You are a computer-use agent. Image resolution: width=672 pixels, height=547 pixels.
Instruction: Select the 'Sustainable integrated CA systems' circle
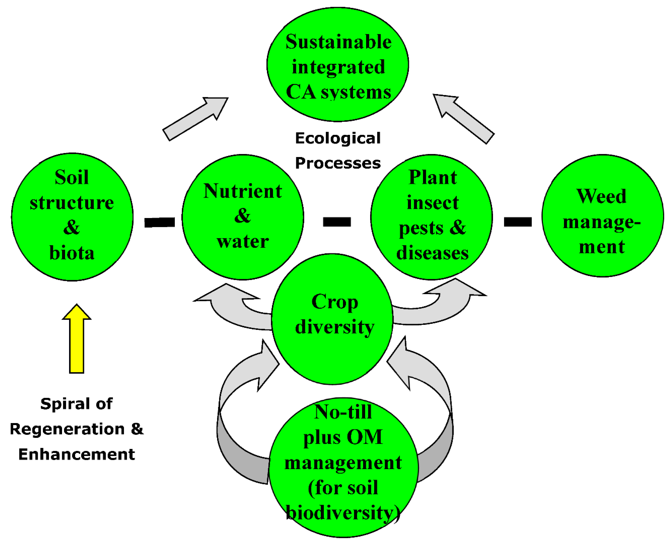pos(338,65)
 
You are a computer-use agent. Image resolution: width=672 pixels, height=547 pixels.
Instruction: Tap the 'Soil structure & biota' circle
pos(72,217)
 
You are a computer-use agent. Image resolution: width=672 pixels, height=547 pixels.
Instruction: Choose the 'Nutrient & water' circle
pos(243,217)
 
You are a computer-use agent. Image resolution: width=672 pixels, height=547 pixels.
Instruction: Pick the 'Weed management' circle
pos(602,216)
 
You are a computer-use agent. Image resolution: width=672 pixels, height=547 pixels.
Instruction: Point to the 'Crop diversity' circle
pos(332,318)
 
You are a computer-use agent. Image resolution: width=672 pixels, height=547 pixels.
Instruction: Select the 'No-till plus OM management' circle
pos(343,466)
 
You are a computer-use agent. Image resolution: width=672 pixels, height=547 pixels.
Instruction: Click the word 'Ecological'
pos(338,138)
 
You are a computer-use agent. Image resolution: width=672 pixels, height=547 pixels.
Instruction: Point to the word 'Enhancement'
pos(76,454)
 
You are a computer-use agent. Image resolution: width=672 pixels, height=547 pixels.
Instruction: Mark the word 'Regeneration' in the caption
pos(67,429)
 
